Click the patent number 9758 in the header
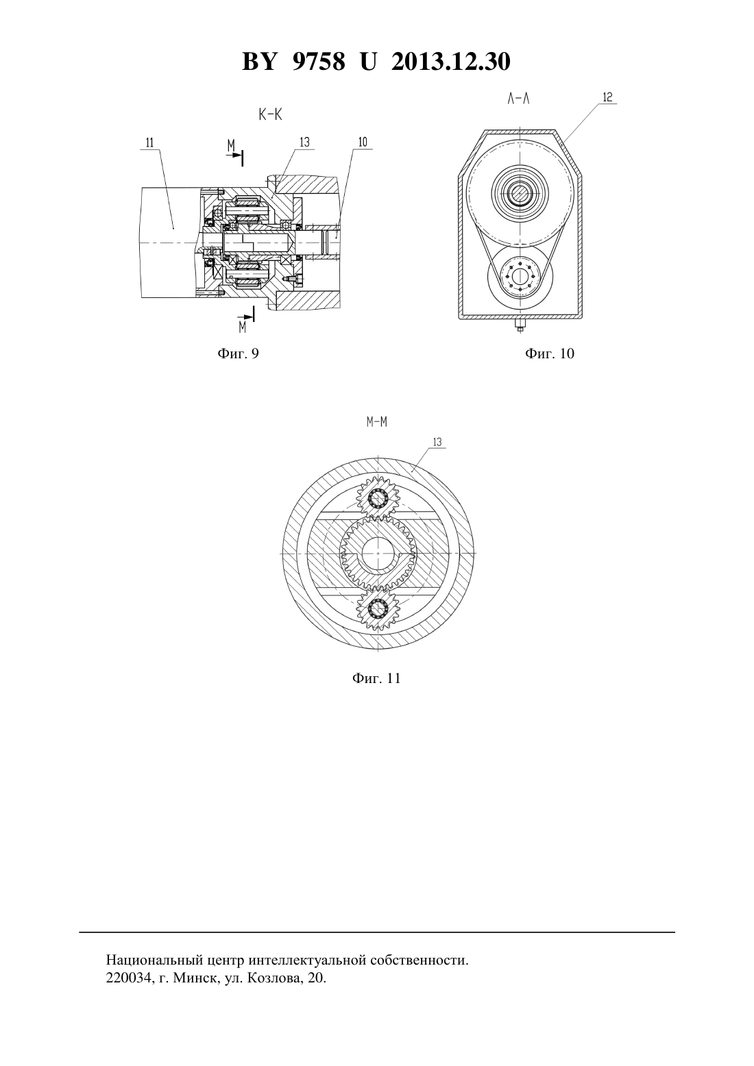(x=319, y=62)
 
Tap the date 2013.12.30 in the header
(x=451, y=62)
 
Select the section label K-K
(x=270, y=114)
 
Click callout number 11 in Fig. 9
(x=150, y=142)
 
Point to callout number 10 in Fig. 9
(x=362, y=142)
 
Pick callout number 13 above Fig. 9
(x=304, y=142)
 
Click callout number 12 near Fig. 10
(x=607, y=97)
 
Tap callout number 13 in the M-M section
(x=437, y=442)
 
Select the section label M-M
(x=376, y=422)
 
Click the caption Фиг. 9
(x=238, y=354)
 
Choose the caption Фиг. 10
(x=550, y=354)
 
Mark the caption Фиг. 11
(x=376, y=678)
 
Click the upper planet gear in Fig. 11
(x=378, y=498)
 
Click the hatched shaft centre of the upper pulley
(x=520, y=194)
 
